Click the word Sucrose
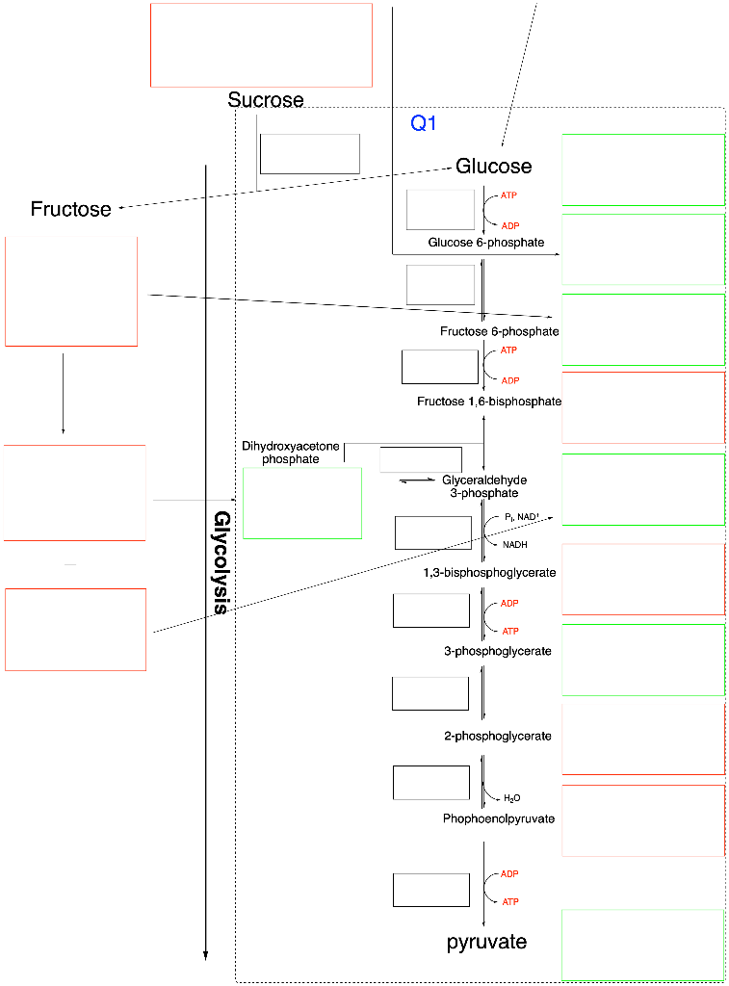point(266,100)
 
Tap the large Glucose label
point(493,167)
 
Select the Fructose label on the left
point(71,209)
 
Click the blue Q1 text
point(424,123)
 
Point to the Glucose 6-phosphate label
point(486,243)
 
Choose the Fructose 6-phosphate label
point(499,331)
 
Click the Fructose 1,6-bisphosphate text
point(489,401)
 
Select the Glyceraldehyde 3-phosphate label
point(484,486)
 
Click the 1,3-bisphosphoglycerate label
point(488,573)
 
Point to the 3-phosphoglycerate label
point(498,651)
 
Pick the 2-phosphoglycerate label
point(498,737)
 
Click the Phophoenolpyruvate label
point(499,818)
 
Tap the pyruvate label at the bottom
point(486,942)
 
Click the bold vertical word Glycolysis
point(221,562)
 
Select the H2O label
point(511,798)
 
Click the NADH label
point(514,544)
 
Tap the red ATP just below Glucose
point(508,195)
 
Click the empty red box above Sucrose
point(261,45)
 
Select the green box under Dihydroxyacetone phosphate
point(302,503)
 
